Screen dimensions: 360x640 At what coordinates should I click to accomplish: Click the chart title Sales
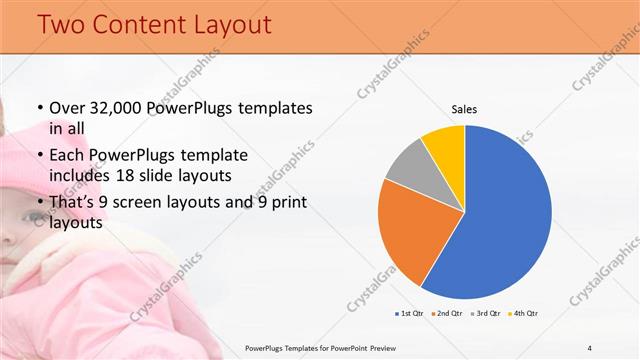coord(464,108)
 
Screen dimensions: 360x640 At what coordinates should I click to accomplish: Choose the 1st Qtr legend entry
coord(411,314)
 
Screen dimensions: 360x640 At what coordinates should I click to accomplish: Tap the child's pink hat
coord(25,165)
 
